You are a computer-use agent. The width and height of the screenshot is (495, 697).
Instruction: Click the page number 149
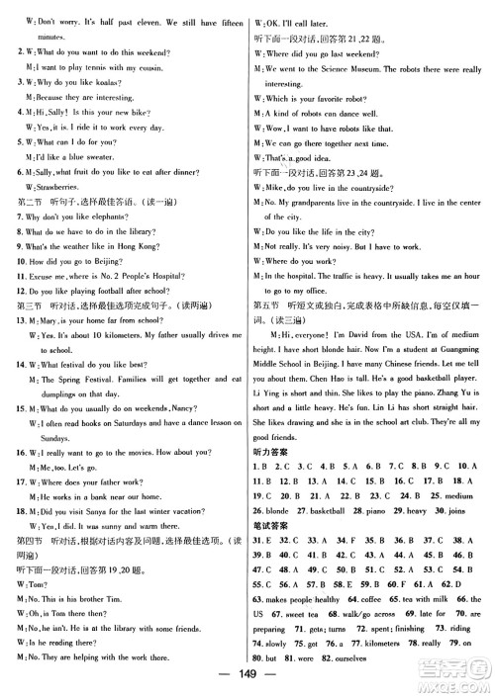click(x=247, y=686)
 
